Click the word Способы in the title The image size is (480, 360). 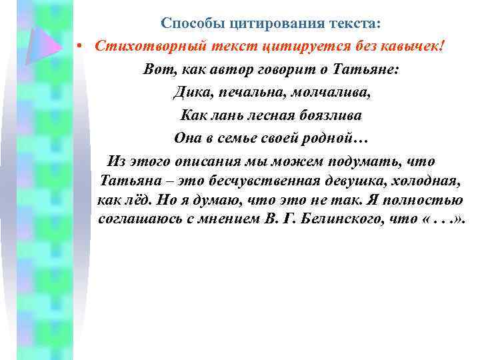(191, 25)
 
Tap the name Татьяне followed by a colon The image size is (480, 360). (367, 70)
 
